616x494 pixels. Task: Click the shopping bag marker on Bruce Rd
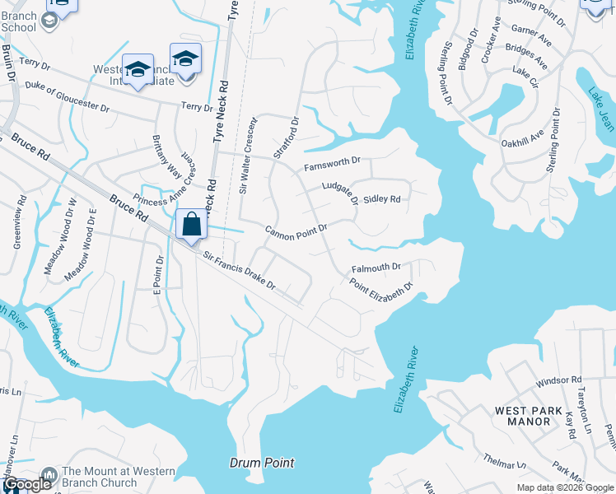(x=191, y=225)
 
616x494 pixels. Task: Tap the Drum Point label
(x=261, y=464)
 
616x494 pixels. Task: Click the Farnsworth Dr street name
(x=333, y=163)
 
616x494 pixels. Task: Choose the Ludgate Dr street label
(x=340, y=193)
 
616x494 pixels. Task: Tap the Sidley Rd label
(x=381, y=199)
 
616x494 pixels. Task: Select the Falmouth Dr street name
(x=376, y=268)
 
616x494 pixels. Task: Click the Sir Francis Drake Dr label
(x=239, y=270)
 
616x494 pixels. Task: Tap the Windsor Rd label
(x=558, y=381)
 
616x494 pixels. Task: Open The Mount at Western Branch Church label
(x=119, y=477)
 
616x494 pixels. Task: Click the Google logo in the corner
(x=27, y=485)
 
